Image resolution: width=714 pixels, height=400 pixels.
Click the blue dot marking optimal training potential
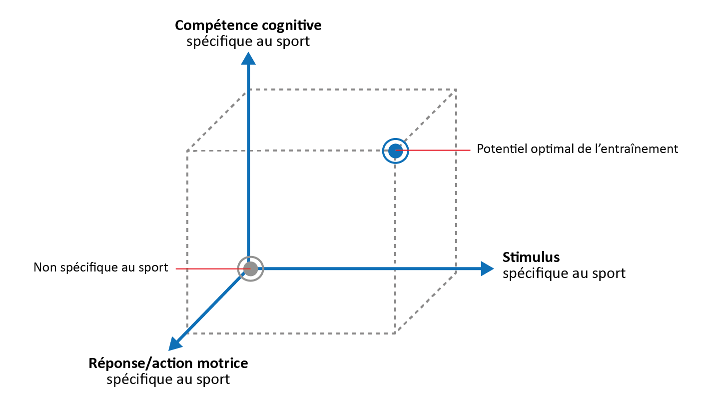click(395, 150)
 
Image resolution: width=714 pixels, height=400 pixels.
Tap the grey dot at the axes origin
click(251, 269)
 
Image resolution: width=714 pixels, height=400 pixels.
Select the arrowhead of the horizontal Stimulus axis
click(487, 268)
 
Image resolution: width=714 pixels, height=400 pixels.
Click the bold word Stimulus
click(531, 257)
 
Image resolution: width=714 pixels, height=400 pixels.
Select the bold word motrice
click(222, 363)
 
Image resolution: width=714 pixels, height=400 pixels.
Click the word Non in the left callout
click(43, 267)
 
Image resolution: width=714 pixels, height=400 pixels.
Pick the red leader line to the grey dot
click(207, 269)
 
